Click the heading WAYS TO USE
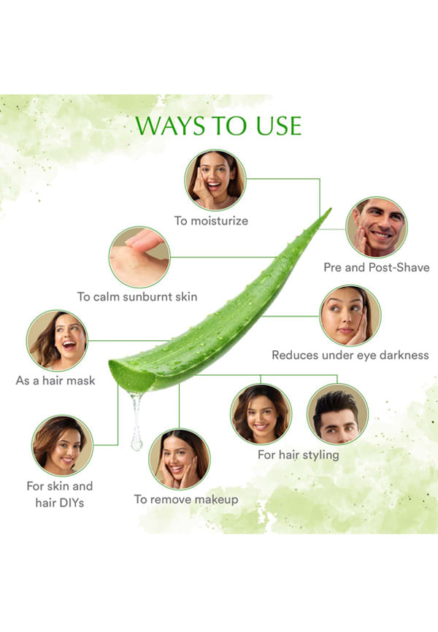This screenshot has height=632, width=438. pyautogui.click(x=218, y=126)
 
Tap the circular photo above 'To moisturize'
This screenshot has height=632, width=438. pyautogui.click(x=215, y=180)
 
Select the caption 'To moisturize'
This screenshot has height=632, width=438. pyautogui.click(x=211, y=221)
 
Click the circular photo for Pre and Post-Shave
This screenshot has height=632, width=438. pyautogui.click(x=377, y=227)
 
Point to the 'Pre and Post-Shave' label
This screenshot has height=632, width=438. pyautogui.click(x=377, y=267)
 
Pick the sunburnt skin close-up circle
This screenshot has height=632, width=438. pyautogui.click(x=139, y=257)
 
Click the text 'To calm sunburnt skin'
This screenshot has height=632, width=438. pyautogui.click(x=137, y=296)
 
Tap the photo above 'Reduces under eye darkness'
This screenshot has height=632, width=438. pyautogui.click(x=350, y=315)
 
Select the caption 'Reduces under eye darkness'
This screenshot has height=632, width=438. pyautogui.click(x=350, y=355)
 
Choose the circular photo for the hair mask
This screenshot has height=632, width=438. pyautogui.click(x=57, y=341)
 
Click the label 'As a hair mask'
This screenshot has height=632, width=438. pyautogui.click(x=55, y=380)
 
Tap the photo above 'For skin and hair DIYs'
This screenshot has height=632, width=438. pyautogui.click(x=62, y=445)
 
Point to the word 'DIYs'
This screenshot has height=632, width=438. pyautogui.click(x=71, y=503)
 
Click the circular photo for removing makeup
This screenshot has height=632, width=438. pyautogui.click(x=180, y=459)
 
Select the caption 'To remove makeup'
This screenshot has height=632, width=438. pyautogui.click(x=186, y=500)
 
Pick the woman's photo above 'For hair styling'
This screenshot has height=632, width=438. pyautogui.click(x=261, y=414)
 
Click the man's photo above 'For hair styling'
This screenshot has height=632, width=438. pyautogui.click(x=337, y=414)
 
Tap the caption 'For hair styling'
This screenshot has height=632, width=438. pyautogui.click(x=299, y=455)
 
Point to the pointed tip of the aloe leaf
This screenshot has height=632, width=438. pyautogui.click(x=330, y=209)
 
